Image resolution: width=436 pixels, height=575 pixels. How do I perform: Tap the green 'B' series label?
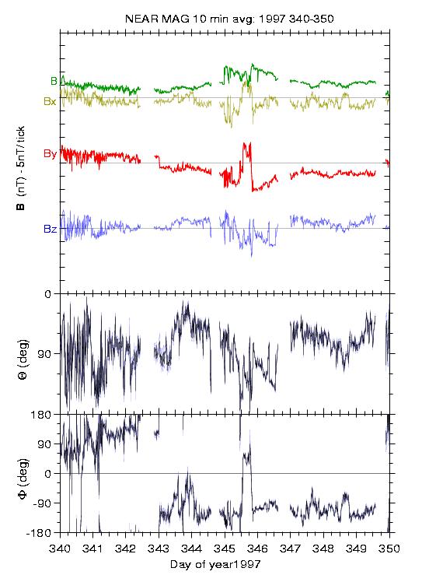pos(54,81)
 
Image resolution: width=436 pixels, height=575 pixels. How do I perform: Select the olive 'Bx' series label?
pos(51,102)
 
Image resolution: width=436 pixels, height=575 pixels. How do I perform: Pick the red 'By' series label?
pos(51,153)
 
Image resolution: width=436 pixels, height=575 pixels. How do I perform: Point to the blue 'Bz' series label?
pos(51,230)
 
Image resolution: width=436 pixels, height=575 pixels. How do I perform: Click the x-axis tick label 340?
pos(60,549)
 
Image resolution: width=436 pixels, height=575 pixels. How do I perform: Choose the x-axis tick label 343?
pos(159,549)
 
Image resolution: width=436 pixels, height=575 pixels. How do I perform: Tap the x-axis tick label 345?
pos(225,549)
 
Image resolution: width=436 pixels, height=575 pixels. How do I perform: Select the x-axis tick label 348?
pos(323,549)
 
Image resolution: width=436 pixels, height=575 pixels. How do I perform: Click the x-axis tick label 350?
pos(389,549)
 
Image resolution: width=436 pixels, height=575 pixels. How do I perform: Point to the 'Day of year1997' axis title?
pos(215,565)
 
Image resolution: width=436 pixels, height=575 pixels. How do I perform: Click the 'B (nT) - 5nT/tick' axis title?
pos(21,168)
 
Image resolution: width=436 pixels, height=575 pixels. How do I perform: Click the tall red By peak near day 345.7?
pos(247,143)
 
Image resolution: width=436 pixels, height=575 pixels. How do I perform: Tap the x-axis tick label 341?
pos(92,549)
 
